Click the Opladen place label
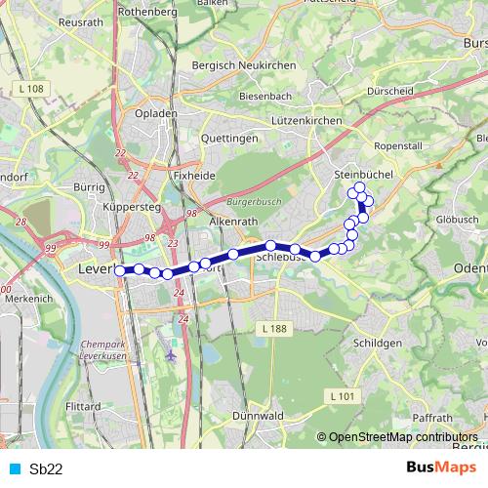pyautogui.click(x=156, y=113)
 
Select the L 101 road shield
pyautogui.click(x=341, y=395)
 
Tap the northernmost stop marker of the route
pyautogui.click(x=359, y=187)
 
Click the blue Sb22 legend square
pyautogui.click(x=15, y=468)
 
